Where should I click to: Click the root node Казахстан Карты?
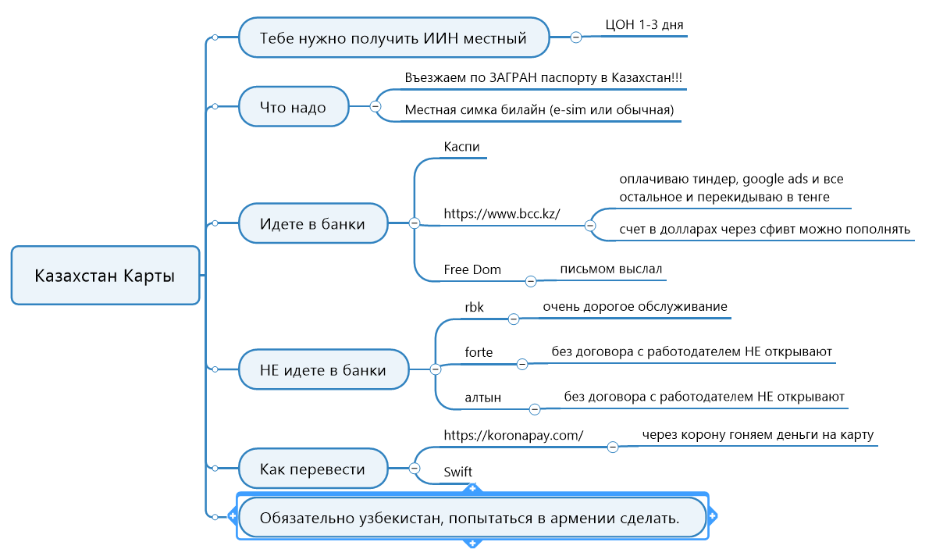coord(105,276)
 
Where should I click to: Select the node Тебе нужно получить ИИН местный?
coord(393,37)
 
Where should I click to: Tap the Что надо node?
coord(293,107)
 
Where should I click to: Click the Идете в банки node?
coord(312,223)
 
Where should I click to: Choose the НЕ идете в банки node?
coord(323,369)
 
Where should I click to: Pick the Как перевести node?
coord(312,469)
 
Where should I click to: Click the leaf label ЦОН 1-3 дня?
coord(644,24)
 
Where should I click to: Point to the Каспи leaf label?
coord(461,147)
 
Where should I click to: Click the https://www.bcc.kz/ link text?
coord(502,212)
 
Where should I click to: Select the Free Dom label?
coord(472,269)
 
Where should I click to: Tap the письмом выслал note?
coord(610,269)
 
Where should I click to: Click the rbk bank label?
coord(475,308)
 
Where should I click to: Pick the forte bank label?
coord(479,352)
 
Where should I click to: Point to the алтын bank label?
coord(482,397)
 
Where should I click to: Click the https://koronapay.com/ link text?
coord(513,435)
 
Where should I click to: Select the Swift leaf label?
coord(457,472)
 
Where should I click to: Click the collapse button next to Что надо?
coord(375,106)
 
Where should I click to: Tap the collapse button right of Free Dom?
coord(531,280)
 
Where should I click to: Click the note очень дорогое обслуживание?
coord(635,306)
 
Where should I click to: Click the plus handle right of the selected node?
coord(713,516)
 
